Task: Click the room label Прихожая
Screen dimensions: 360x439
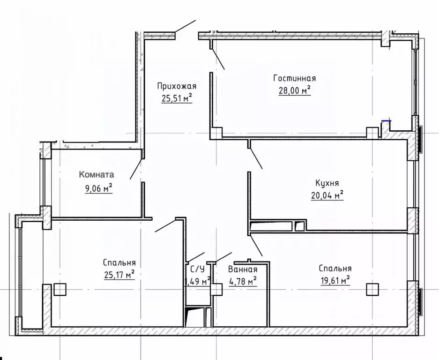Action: click(177, 86)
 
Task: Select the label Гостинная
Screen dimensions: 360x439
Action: click(295, 78)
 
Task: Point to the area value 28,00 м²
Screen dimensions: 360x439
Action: click(295, 90)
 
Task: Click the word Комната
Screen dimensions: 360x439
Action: click(97, 174)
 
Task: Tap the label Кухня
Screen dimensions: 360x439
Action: click(327, 183)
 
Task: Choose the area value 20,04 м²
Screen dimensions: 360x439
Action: click(327, 195)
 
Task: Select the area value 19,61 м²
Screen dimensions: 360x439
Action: click(335, 280)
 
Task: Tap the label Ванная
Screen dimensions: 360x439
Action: click(243, 269)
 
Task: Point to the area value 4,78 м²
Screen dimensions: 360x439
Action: click(243, 281)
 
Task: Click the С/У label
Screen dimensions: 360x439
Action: click(197, 269)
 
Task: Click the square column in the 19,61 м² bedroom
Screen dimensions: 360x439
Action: click(372, 290)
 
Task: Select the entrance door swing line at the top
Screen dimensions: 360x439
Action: click(185, 27)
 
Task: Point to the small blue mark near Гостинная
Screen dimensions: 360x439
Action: click(387, 121)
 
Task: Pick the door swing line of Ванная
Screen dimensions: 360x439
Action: click(223, 257)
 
